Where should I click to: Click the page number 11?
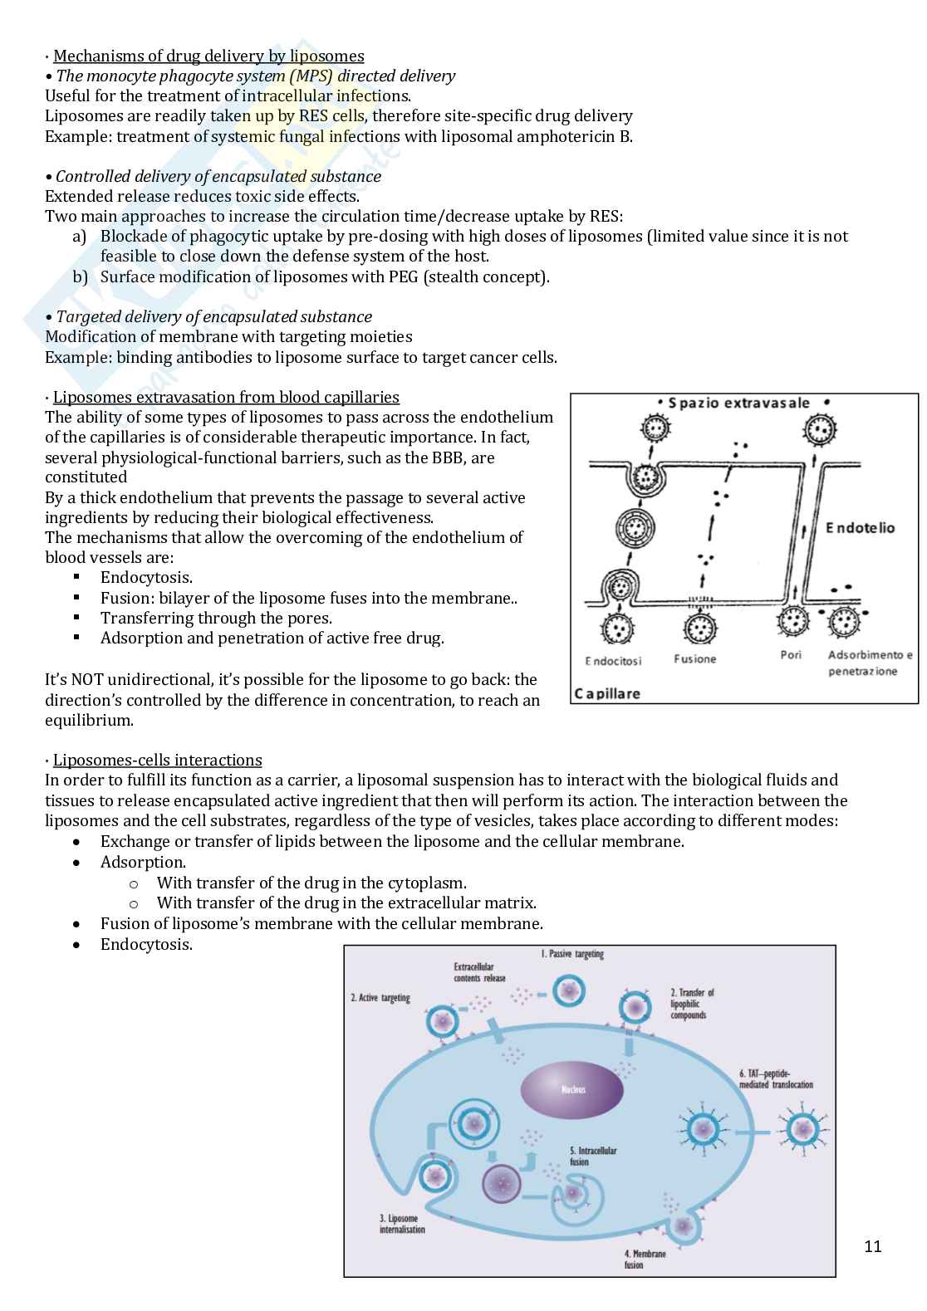click(872, 1246)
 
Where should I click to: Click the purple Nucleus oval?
click(572, 1089)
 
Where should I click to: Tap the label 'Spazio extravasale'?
click(738, 404)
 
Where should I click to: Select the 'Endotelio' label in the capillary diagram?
click(860, 528)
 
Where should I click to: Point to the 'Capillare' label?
click(607, 693)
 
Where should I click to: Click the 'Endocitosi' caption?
click(614, 661)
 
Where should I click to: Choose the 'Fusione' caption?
click(694, 659)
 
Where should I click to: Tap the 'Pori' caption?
click(791, 655)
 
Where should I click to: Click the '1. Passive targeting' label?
click(572, 954)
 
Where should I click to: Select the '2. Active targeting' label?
click(380, 997)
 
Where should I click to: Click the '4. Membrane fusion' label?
click(645, 1259)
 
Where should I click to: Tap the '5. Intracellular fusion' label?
click(592, 1156)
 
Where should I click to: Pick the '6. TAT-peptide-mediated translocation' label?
click(776, 1079)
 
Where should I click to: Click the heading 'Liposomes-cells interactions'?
click(157, 761)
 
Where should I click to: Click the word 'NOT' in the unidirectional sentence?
click(88, 680)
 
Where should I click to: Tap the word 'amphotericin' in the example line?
click(566, 137)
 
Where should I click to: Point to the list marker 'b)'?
click(80, 276)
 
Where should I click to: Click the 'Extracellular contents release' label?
click(479, 972)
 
